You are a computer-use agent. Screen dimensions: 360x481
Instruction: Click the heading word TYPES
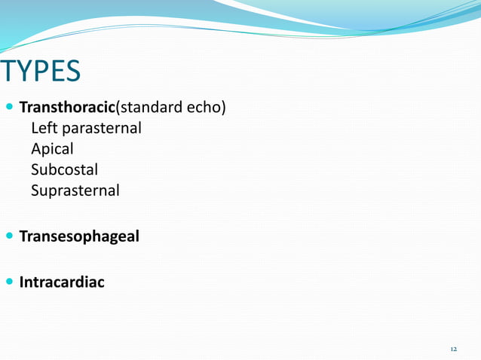pos(41,72)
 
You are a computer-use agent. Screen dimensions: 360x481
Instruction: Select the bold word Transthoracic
pos(65,108)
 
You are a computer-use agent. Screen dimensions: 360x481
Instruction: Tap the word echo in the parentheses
pos(203,108)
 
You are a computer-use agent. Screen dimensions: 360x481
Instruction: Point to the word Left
pos(43,128)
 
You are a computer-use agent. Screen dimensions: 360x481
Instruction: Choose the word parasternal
pos(100,129)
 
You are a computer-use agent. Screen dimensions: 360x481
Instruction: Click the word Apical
pos(52,149)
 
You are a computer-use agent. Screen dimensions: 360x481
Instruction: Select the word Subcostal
pos(64,169)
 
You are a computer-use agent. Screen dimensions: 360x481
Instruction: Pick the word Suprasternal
pos(75,191)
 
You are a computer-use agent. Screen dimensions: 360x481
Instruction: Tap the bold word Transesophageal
pos(79,236)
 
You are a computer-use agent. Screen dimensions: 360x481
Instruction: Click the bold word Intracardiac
pos(62,283)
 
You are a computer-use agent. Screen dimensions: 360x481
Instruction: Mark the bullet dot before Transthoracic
pos(9,108)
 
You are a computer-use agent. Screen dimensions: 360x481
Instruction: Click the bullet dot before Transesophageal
pos(9,237)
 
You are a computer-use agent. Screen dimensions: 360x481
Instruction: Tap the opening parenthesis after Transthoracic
pos(113,108)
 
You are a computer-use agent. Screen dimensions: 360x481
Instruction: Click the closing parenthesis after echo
pos(223,108)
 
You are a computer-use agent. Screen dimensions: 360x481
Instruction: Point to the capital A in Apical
pos(35,149)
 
